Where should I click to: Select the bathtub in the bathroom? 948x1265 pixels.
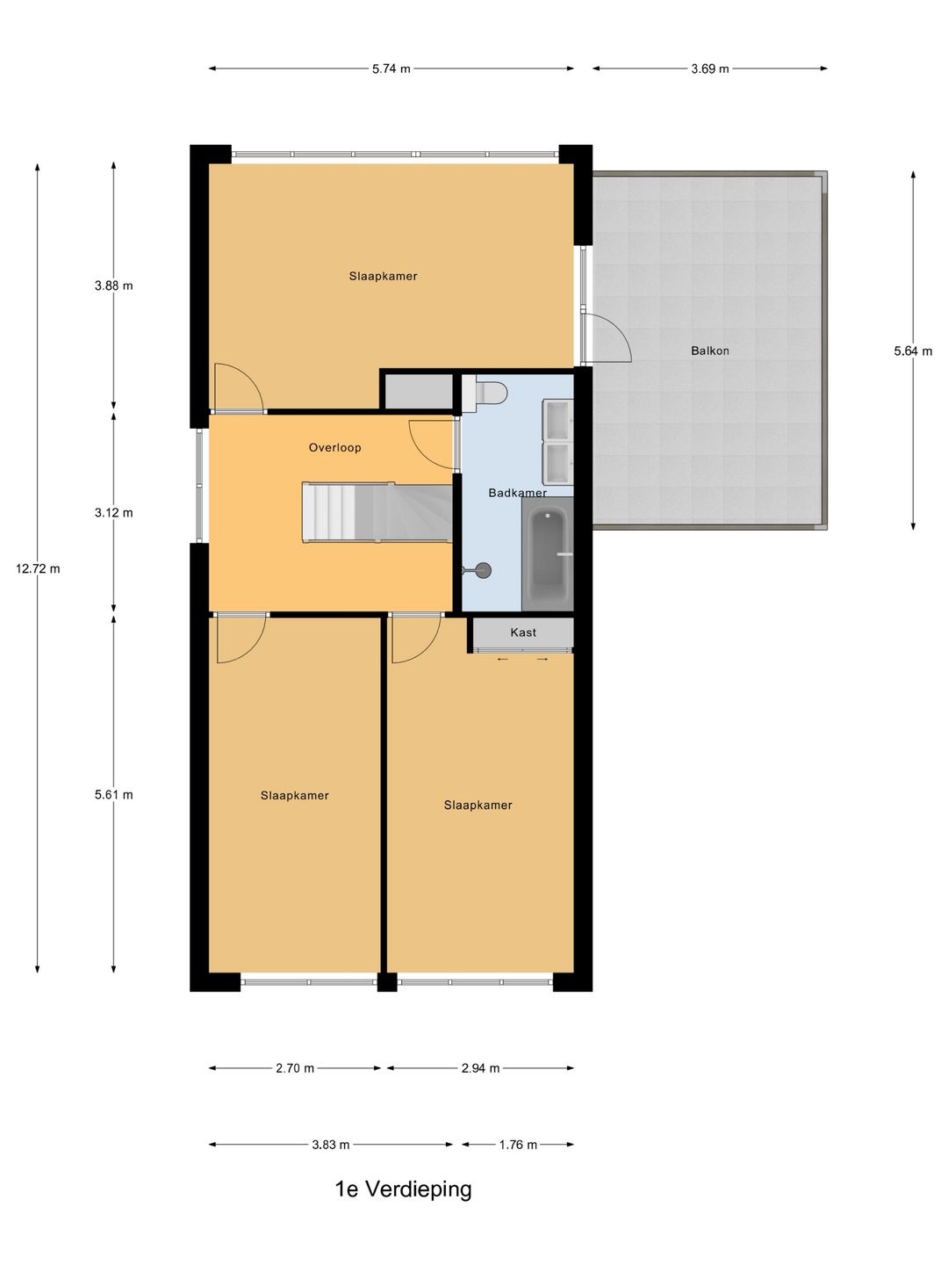click(x=548, y=553)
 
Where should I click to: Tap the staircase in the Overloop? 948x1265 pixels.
click(x=377, y=512)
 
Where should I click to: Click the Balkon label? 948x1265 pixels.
click(x=710, y=351)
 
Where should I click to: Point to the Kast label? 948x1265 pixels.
click(x=523, y=632)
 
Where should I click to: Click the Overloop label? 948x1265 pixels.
click(x=335, y=447)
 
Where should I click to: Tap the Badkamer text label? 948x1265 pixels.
click(x=518, y=492)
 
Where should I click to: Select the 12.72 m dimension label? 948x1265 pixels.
click(x=38, y=569)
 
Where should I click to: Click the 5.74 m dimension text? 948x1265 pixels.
click(x=391, y=69)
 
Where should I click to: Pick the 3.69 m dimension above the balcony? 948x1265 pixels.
click(x=710, y=69)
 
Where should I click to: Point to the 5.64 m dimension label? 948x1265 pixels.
click(x=913, y=351)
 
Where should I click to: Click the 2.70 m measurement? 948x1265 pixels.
click(x=295, y=1068)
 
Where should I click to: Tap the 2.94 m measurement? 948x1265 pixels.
click(x=481, y=1068)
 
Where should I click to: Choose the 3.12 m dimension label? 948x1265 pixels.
click(x=114, y=512)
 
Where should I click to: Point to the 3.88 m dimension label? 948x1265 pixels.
click(x=114, y=286)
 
